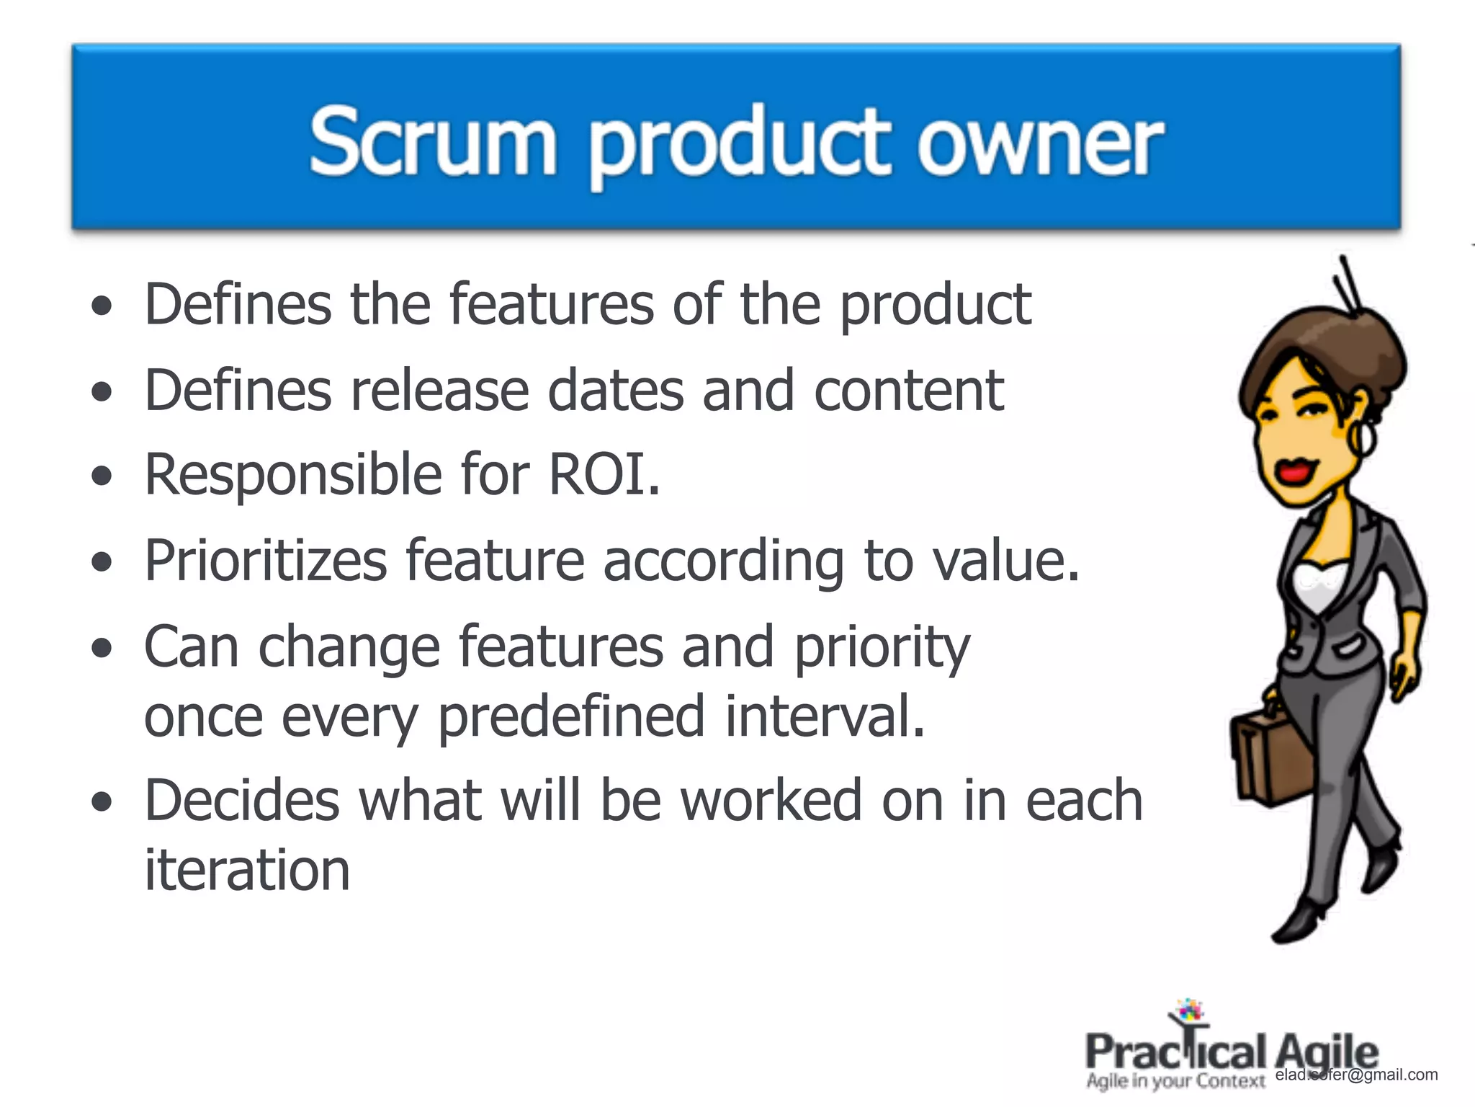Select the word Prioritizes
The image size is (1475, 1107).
266,561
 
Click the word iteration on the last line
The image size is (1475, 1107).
247,870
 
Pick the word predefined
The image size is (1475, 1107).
571,716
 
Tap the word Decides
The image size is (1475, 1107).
242,801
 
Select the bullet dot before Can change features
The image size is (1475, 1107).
102,647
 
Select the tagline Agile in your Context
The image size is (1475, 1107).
1175,1081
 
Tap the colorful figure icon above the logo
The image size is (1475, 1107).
1188,1013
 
